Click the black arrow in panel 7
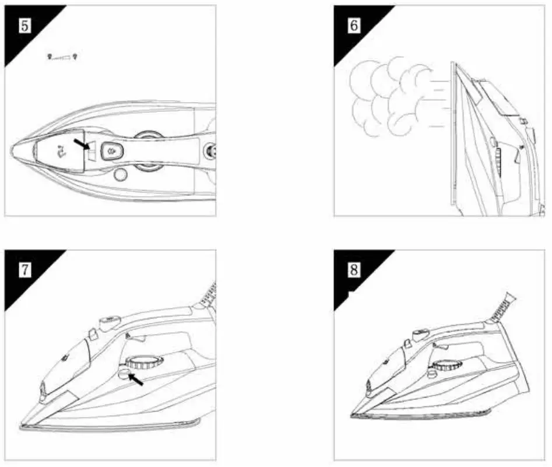[x=135, y=380]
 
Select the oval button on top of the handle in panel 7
[x=111, y=320]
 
